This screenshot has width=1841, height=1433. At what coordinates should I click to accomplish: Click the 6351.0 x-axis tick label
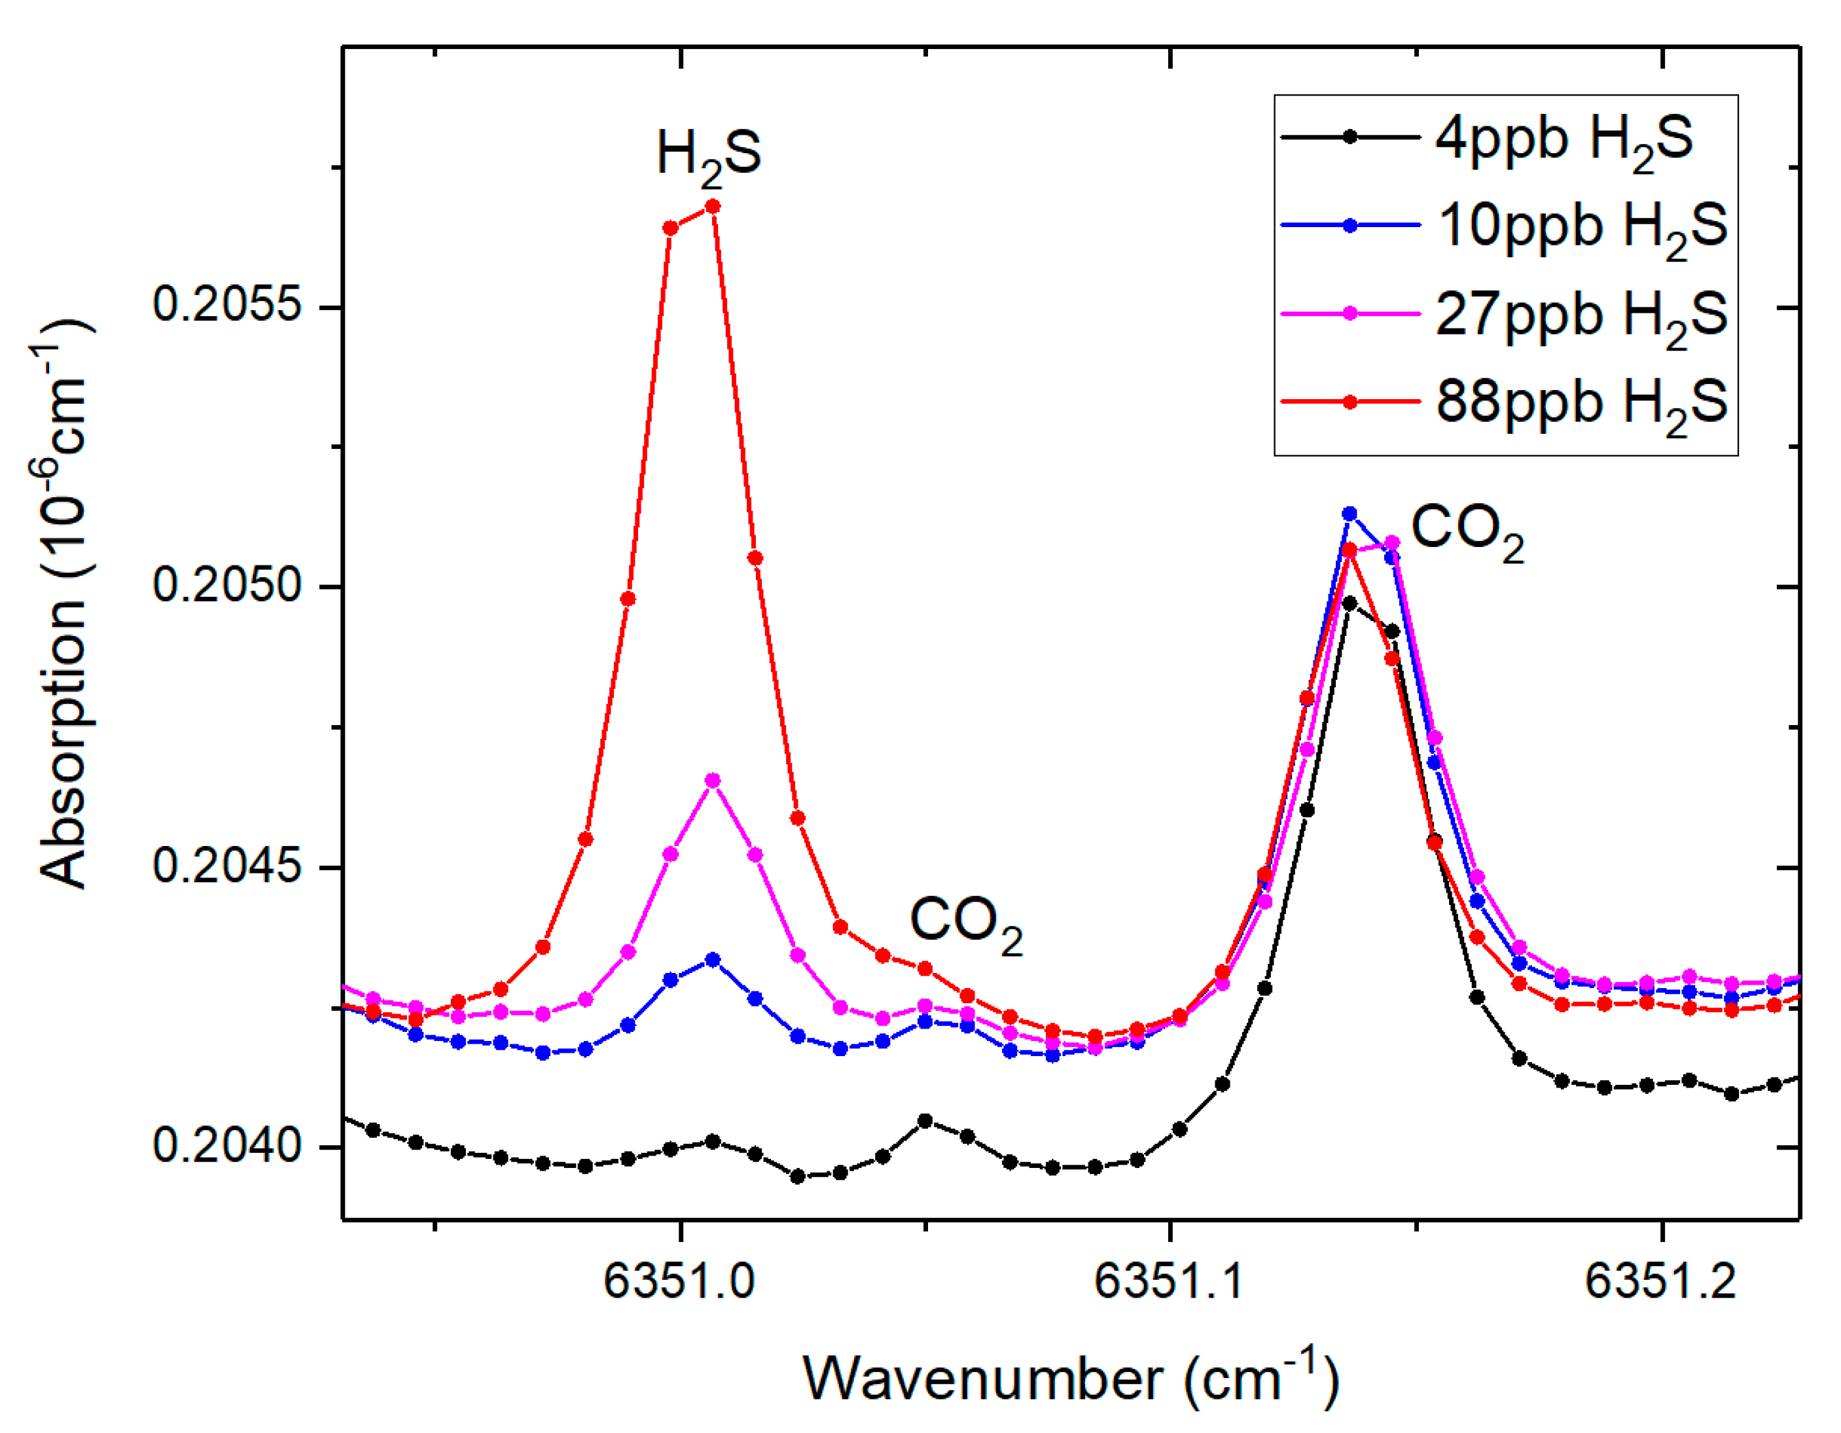pos(679,1282)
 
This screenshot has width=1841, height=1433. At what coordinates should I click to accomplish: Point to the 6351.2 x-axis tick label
pos(1660,1282)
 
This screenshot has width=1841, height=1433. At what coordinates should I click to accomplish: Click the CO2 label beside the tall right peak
pos(1467,531)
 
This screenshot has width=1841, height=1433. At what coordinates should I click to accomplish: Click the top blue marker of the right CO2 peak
pos(1349,514)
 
